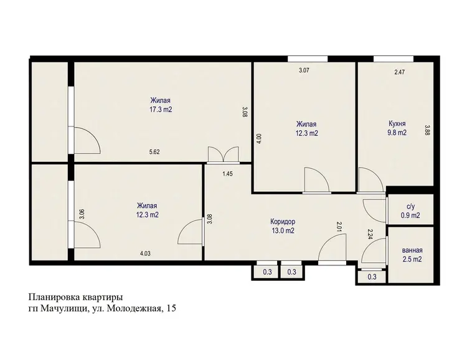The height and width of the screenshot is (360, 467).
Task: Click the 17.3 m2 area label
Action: pos(161,110)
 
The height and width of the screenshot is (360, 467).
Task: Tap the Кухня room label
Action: pos(397,123)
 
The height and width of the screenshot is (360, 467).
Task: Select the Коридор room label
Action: pos(283,222)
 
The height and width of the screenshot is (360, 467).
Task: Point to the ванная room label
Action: pos(412,250)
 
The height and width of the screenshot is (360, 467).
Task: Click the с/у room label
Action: pos(411,206)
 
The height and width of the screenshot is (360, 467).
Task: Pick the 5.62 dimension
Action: pos(154,152)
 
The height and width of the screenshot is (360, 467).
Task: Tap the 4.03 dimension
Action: pos(145,253)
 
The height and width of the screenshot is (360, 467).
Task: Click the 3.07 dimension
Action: pos(304,70)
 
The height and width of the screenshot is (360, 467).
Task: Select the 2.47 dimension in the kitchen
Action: pos(399,72)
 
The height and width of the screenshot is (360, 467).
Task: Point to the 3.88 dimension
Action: pos(428,130)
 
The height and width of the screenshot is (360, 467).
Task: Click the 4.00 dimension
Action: pos(259,138)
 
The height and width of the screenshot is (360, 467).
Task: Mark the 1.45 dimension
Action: pos(227,174)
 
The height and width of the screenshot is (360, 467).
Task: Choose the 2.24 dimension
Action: pos(370,235)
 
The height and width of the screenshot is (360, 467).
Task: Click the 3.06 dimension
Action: pos(82,214)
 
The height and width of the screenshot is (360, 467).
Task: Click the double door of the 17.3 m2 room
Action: pos(224,155)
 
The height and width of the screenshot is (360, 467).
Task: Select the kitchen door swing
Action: pos(371,180)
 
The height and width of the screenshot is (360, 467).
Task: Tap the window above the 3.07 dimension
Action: pos(308,59)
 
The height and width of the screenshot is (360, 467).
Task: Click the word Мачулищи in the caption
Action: pos(64,309)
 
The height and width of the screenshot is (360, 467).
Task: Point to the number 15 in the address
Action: pos(172,308)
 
